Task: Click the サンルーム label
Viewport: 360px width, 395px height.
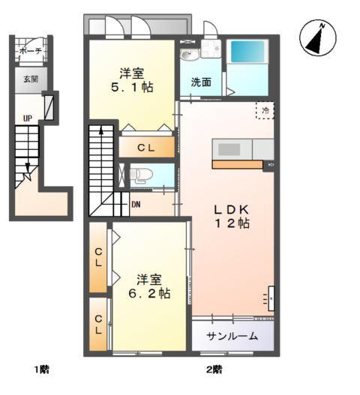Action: point(232,337)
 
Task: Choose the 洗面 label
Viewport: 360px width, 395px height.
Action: point(199,81)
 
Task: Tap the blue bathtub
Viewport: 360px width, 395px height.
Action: point(248,52)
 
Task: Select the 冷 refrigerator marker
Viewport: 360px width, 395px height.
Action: point(264,110)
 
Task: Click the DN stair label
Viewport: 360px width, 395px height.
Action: point(136,203)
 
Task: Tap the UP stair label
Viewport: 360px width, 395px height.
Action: point(28,118)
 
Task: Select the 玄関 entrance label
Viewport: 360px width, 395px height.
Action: point(30,78)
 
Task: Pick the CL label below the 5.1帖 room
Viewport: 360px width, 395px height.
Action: point(145,148)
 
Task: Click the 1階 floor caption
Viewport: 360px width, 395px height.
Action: point(41,369)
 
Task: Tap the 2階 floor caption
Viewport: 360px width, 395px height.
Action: point(214,369)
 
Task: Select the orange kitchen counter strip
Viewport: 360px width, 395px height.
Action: point(237,164)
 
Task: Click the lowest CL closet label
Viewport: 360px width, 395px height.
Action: point(98,324)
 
